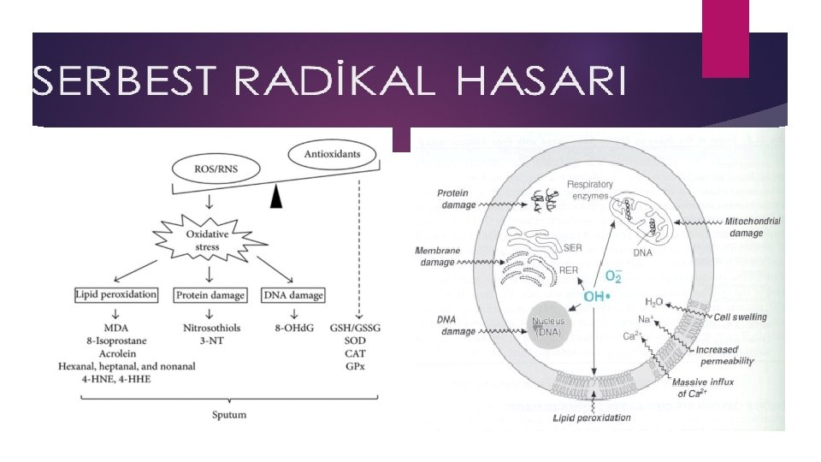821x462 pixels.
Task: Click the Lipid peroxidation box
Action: (x=117, y=295)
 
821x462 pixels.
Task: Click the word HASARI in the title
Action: (x=542, y=84)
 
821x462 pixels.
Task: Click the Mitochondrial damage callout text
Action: (x=753, y=226)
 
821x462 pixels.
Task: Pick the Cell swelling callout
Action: (x=741, y=317)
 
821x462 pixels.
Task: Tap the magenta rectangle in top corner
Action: (x=724, y=38)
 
